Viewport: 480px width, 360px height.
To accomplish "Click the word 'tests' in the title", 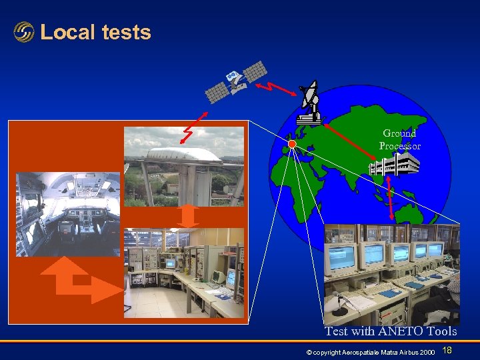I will (x=127, y=32).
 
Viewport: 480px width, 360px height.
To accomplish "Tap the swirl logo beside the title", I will (x=24, y=32).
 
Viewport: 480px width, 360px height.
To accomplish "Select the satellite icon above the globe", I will (x=237, y=81).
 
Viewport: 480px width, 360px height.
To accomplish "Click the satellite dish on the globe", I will (x=309, y=103).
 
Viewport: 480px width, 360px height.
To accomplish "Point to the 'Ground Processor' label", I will (x=400, y=139).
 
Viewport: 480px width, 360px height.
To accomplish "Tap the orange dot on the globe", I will (x=292, y=144).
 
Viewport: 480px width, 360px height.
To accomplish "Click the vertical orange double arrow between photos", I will (x=189, y=216).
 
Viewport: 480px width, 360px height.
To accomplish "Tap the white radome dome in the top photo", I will (x=183, y=155).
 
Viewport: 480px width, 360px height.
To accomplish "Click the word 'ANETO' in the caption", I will (x=399, y=331).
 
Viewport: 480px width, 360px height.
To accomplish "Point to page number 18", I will (x=447, y=351).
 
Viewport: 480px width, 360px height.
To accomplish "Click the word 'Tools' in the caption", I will (x=442, y=331).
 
